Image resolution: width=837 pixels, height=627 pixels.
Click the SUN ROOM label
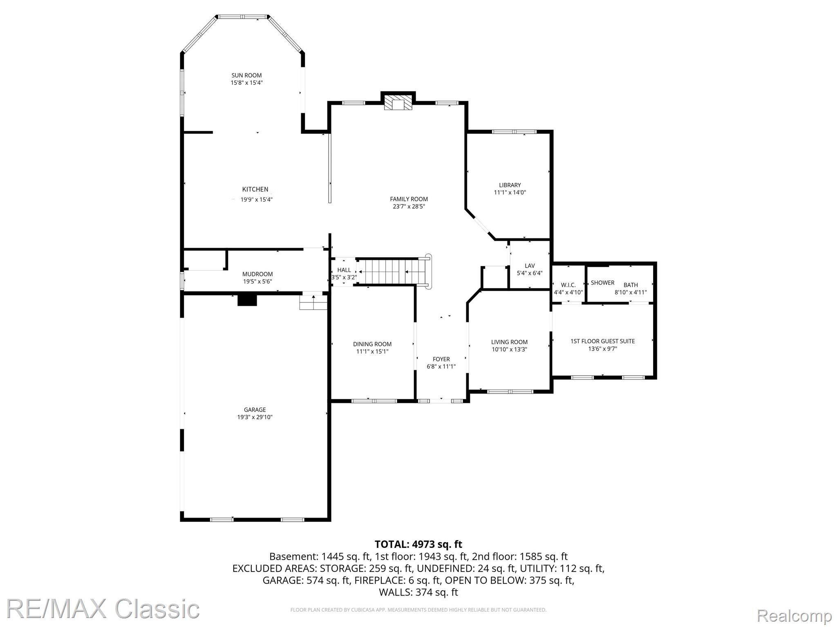246,76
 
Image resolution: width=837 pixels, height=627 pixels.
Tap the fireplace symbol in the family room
398,103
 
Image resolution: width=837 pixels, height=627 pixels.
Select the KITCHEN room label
255,189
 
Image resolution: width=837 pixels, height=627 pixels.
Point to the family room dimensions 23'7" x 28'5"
409,207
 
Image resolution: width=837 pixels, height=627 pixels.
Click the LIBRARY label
510,185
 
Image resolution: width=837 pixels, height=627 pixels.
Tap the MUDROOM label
257,274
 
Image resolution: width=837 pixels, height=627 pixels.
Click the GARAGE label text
255,410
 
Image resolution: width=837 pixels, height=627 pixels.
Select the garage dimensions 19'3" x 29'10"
255,417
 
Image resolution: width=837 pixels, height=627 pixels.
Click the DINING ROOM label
372,344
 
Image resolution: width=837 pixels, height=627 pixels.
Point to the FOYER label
441,359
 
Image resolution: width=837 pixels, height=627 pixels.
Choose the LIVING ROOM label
510,342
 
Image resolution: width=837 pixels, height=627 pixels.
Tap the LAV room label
530,266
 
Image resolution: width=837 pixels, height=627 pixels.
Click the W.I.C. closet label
568,285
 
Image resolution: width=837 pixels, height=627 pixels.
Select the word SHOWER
603,282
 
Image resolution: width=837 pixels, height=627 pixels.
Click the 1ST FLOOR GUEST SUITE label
603,341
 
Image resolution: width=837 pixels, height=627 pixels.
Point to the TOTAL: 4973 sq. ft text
418,544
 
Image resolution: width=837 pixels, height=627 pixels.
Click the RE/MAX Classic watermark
103,609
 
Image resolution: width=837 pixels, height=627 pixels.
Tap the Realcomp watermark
794,615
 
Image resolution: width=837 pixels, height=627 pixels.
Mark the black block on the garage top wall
247,300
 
